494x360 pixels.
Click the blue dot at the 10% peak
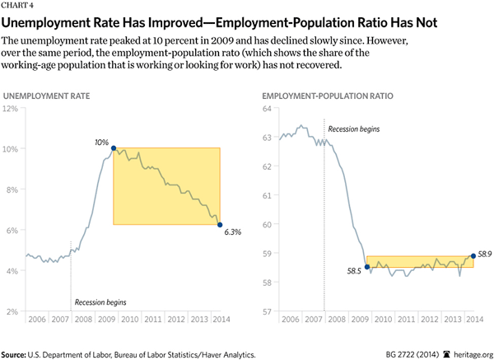pyautogui.click(x=113, y=148)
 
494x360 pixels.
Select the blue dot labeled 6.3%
pyautogui.click(x=219, y=224)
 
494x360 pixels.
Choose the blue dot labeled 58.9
pyautogui.click(x=473, y=255)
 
